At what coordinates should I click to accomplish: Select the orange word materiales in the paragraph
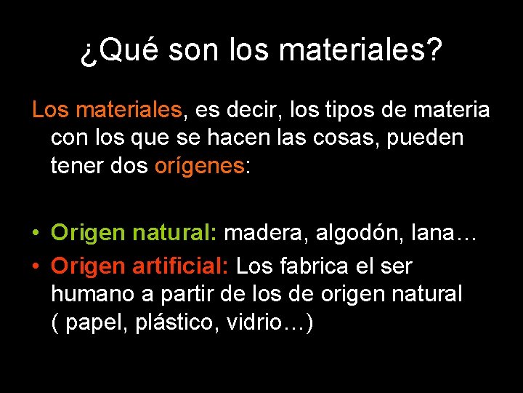pos(129,110)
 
